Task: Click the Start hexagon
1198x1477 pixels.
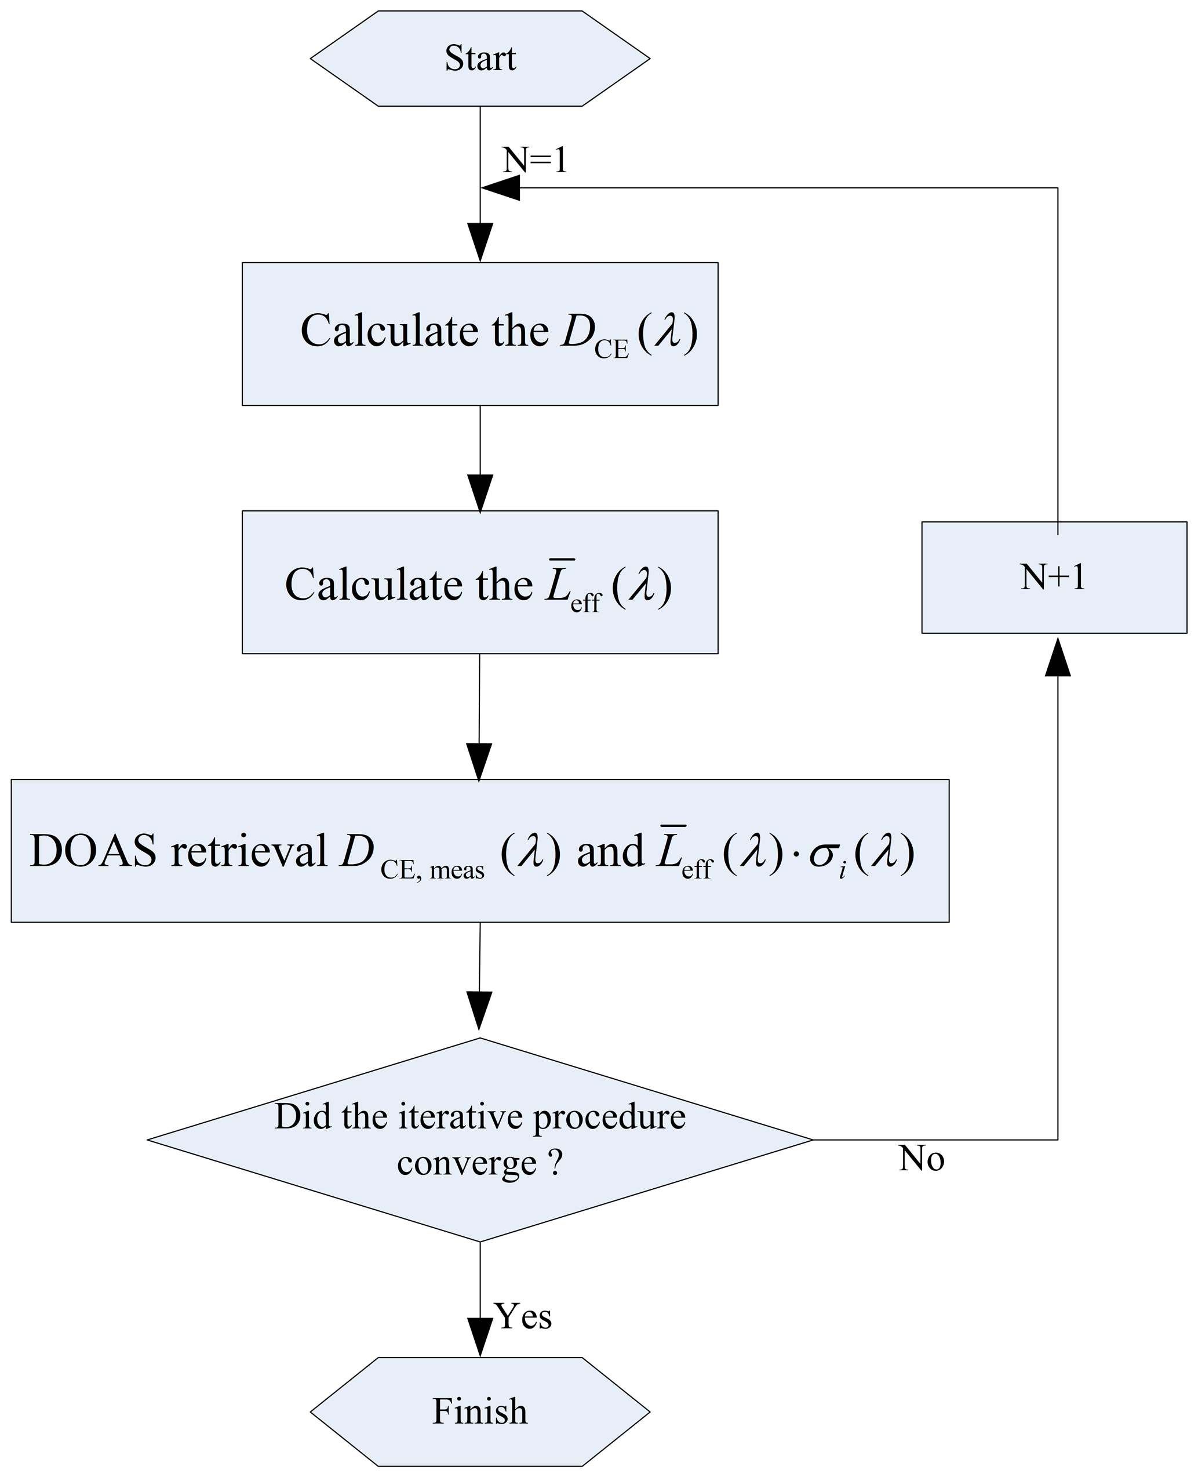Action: tap(480, 58)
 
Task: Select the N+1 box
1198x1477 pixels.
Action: tap(1054, 577)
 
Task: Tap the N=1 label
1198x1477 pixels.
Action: tap(535, 160)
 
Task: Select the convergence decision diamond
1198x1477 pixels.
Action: tap(480, 1139)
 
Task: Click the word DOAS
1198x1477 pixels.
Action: tap(93, 851)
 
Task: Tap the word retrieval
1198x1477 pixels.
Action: tap(249, 851)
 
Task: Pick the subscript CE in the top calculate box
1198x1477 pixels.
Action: tap(611, 350)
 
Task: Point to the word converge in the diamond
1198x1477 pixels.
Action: tap(467, 1163)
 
